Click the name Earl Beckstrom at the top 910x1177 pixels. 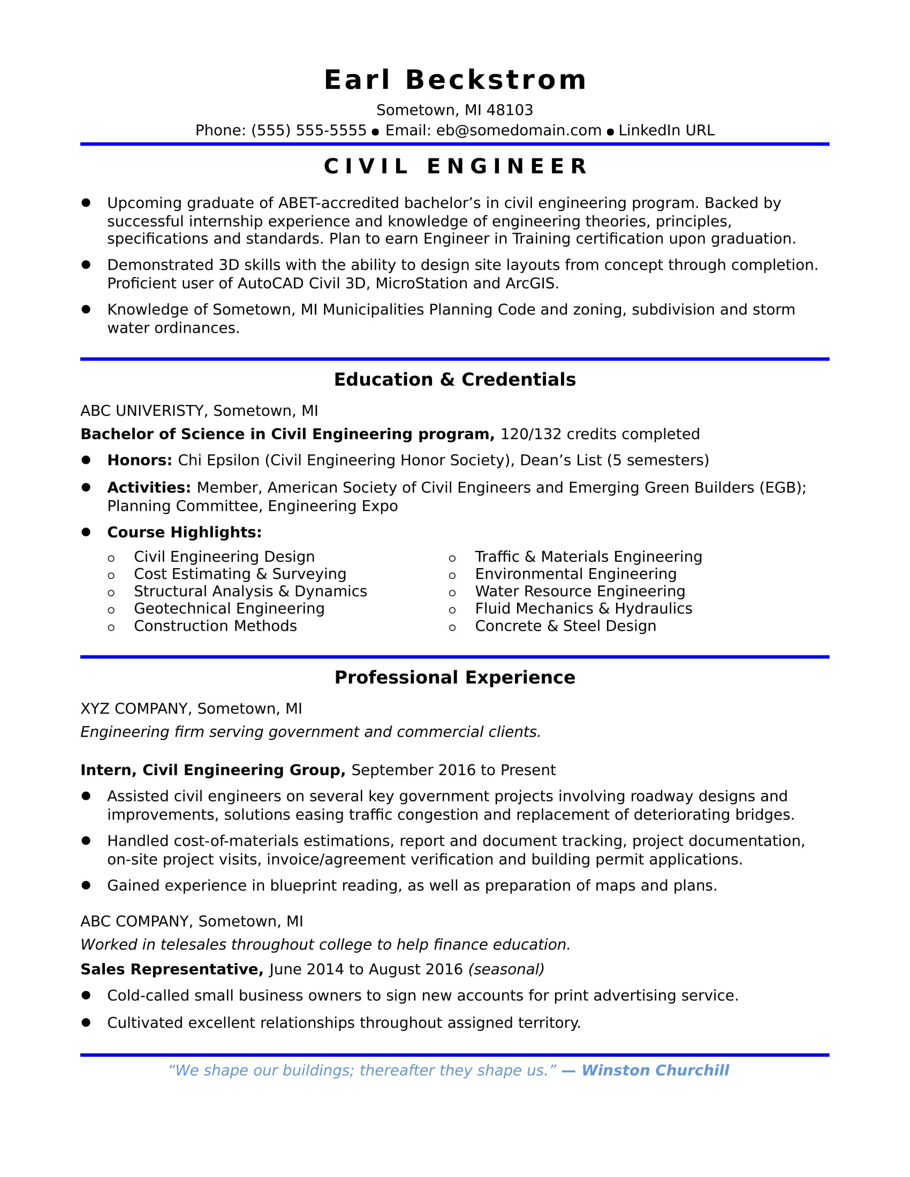pos(454,80)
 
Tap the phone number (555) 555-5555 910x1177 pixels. pos(308,131)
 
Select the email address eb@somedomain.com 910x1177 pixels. pos(519,131)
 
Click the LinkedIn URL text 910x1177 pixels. pos(666,131)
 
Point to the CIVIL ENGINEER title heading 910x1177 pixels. pos(454,166)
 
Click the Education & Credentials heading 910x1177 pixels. pos(454,379)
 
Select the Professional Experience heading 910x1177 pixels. pos(454,677)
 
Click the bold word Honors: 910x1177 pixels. pos(140,460)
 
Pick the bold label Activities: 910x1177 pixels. pos(149,488)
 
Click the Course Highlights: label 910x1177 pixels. pos(184,532)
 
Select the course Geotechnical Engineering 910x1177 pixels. pos(229,608)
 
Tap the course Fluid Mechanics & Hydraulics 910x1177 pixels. pos(583,608)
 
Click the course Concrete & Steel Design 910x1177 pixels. pos(565,626)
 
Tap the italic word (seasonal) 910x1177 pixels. pos(506,969)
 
